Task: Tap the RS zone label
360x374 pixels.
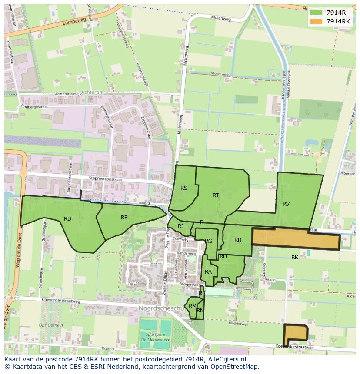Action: [184, 188]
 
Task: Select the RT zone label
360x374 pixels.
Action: [216, 195]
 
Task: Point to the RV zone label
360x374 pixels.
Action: [286, 204]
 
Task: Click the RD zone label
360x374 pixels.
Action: [67, 219]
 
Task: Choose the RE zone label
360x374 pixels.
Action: [124, 218]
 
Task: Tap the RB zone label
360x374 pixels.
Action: [238, 240]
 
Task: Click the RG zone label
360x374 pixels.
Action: [209, 241]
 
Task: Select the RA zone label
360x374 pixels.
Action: [208, 272]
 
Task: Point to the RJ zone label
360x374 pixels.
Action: [180, 226]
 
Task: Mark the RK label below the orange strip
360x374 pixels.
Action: [295, 258]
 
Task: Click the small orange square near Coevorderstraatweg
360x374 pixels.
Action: [295, 333]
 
